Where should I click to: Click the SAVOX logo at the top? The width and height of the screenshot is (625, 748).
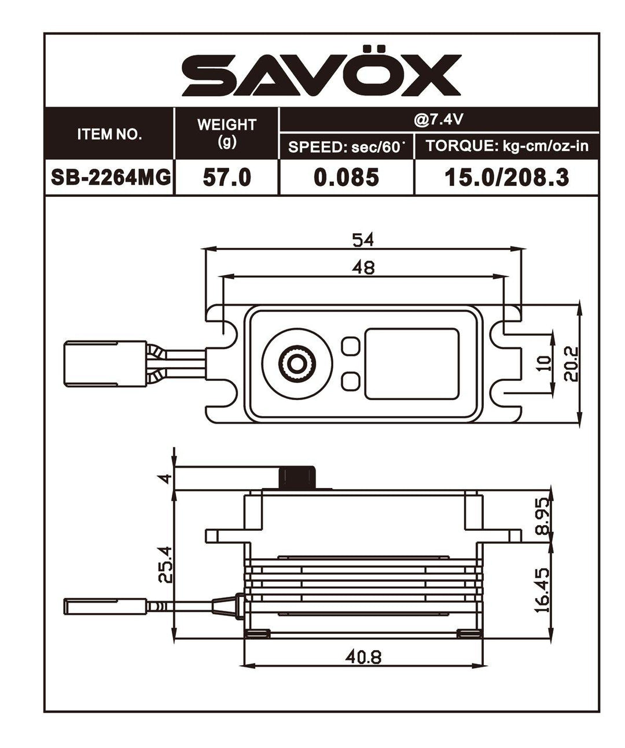click(x=322, y=75)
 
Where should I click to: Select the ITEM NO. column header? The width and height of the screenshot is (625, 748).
click(x=109, y=134)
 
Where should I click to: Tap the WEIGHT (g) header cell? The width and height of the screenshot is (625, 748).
click(x=226, y=133)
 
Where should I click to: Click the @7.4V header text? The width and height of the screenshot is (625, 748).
click(x=438, y=119)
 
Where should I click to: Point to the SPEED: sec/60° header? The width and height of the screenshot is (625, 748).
click(x=345, y=147)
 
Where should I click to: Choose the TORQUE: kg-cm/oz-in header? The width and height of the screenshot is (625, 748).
click(x=506, y=146)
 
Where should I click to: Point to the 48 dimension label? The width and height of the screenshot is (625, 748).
click(x=363, y=267)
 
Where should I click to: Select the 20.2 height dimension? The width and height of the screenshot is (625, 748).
click(x=571, y=364)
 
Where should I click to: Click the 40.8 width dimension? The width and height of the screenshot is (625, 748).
click(x=363, y=657)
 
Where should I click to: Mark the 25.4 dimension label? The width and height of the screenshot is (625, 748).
click(x=166, y=565)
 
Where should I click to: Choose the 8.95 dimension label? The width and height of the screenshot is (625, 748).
click(x=542, y=515)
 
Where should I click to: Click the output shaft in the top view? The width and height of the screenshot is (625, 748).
click(x=297, y=363)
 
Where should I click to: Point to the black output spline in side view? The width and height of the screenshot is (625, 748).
click(x=298, y=478)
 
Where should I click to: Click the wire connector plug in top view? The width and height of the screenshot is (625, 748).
click(x=104, y=363)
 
